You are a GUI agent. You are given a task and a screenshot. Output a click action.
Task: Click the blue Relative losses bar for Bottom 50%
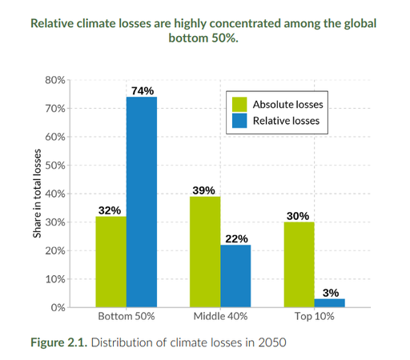(x=140, y=202)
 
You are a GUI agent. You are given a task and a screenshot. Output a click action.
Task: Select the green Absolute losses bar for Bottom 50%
(x=110, y=262)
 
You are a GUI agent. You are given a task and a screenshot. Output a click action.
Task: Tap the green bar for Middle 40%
(x=204, y=251)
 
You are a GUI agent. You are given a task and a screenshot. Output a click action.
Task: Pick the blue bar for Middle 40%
(x=235, y=275)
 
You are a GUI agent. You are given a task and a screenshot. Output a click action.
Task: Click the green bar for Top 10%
(x=299, y=264)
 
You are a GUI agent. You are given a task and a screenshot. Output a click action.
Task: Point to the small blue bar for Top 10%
(x=330, y=302)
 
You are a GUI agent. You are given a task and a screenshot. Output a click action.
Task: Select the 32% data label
(x=110, y=210)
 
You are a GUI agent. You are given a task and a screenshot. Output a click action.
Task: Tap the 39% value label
(x=204, y=190)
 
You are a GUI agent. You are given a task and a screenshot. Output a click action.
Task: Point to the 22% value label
(x=236, y=238)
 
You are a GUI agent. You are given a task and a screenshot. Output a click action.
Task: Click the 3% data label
(x=331, y=293)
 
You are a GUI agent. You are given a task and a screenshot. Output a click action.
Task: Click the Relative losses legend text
(x=286, y=121)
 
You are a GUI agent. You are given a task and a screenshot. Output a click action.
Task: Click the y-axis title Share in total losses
(x=37, y=193)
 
